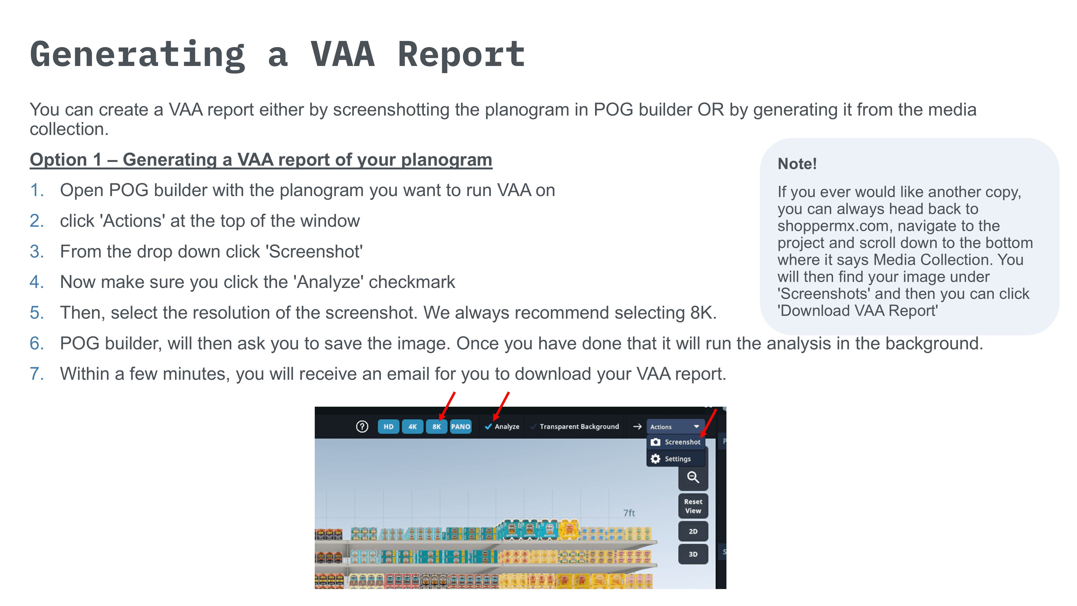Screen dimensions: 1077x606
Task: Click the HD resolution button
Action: coord(389,427)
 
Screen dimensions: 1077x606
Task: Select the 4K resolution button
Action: coord(412,427)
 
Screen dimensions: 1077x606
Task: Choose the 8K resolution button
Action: coord(436,427)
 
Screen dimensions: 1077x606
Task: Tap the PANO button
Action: coord(460,427)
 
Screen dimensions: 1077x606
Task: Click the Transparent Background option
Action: coord(579,427)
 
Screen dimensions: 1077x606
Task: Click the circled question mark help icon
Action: coord(362,427)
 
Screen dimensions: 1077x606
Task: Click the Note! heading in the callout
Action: coord(797,163)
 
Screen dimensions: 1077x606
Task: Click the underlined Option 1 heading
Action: coord(261,160)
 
